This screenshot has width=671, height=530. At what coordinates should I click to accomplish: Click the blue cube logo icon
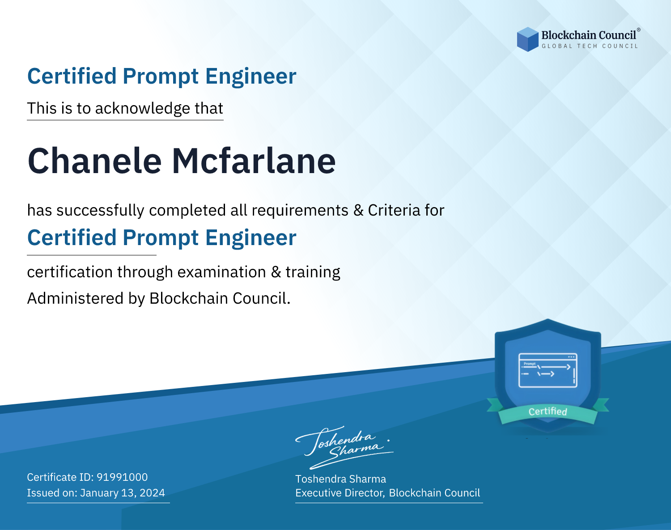527,39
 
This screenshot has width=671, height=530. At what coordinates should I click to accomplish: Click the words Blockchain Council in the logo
589,35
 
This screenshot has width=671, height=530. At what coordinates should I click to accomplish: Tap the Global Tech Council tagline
590,46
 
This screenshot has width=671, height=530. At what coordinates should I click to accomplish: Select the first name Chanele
94,161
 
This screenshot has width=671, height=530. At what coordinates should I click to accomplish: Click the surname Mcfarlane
254,161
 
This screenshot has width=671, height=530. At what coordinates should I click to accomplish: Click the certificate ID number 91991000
122,477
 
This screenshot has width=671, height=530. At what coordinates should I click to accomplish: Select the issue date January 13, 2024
123,493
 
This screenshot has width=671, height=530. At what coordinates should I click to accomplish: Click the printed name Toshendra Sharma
340,479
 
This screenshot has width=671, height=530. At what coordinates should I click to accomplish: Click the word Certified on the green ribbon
548,411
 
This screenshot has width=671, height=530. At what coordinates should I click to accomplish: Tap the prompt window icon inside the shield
548,370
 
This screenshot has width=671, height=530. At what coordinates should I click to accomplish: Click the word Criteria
394,210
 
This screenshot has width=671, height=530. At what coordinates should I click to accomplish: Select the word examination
222,272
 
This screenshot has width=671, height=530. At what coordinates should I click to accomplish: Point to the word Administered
76,298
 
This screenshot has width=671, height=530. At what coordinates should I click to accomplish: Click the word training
313,272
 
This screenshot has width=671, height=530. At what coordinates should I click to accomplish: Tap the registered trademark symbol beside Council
639,30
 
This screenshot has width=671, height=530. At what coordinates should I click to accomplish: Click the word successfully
100,211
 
